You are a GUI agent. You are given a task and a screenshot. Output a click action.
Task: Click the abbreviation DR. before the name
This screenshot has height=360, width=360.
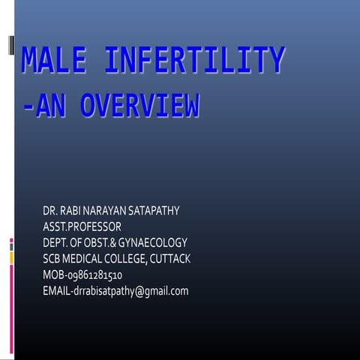pos(51,211)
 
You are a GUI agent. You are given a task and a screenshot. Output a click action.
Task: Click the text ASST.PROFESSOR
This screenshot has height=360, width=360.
pos(82,226)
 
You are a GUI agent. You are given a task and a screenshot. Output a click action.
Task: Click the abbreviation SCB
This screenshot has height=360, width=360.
pos(52,258)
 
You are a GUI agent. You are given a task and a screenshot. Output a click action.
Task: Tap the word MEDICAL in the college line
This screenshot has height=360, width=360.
pos(84,258)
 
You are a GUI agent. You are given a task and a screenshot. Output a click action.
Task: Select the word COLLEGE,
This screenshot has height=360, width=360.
pos(128,258)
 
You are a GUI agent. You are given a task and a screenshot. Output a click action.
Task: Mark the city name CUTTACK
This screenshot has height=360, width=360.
pos(170,258)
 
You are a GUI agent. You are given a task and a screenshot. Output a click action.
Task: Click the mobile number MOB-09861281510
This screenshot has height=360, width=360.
pos(82,274)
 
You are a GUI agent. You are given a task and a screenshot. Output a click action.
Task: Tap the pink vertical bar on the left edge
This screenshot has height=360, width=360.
pos(11,300)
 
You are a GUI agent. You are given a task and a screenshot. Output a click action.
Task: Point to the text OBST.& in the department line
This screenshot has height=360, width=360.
pos(106,242)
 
